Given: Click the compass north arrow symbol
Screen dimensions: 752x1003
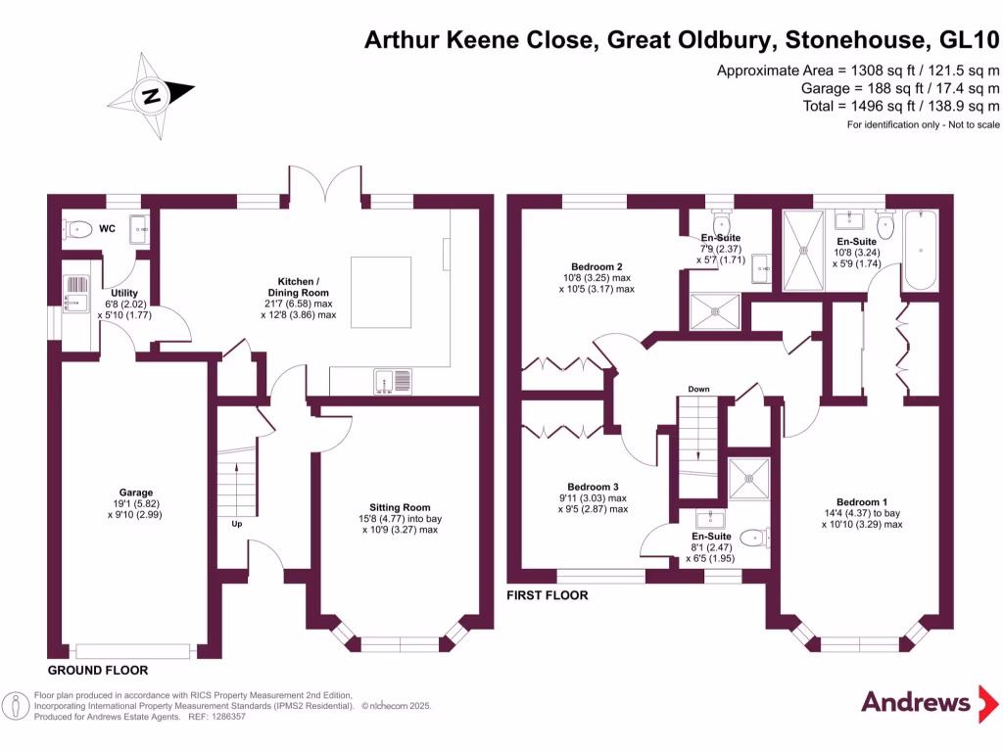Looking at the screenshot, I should click(x=151, y=95).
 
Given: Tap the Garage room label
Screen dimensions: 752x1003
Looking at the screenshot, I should click(x=135, y=493).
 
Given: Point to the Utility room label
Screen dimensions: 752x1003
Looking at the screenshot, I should click(x=124, y=293).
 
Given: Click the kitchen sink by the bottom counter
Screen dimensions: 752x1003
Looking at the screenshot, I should click(x=393, y=380).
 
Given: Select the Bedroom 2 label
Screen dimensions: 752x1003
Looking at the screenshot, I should click(x=597, y=266).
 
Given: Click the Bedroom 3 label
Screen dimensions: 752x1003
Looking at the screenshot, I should click(x=593, y=487).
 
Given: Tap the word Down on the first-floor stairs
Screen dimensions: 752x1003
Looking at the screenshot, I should click(x=698, y=389).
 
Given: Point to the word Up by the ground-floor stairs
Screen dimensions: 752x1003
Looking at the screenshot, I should click(x=236, y=523).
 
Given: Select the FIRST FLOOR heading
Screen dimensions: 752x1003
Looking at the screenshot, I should click(x=547, y=594).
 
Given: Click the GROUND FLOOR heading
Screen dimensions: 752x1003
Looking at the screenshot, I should click(x=98, y=671).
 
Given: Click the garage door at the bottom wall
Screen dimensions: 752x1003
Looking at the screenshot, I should click(x=132, y=650).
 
